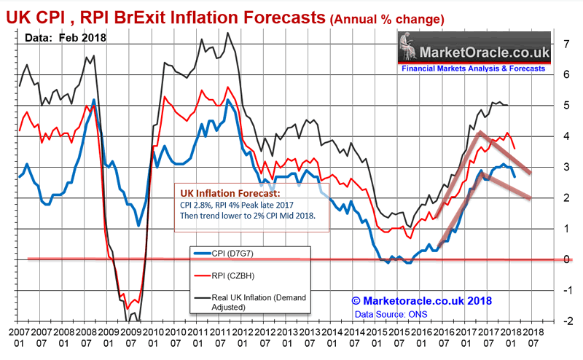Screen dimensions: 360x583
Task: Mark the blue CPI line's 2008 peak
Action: click(x=94, y=100)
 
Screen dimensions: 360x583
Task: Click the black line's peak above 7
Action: click(x=229, y=32)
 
